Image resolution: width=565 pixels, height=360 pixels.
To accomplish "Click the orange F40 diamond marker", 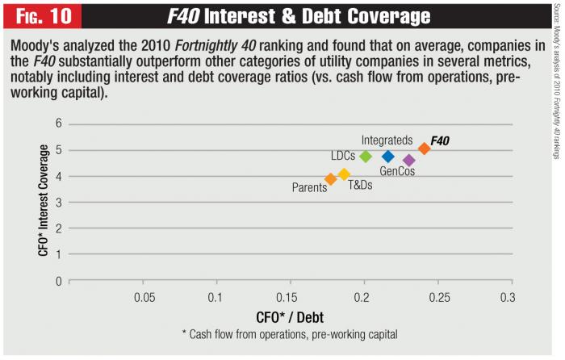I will point(425,149).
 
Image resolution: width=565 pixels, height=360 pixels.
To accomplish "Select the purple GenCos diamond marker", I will point(408,161).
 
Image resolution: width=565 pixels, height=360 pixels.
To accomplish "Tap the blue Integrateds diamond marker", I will point(388,157).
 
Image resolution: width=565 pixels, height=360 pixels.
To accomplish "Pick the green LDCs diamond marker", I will point(366,157).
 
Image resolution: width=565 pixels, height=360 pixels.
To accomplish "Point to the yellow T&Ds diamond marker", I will point(344,174).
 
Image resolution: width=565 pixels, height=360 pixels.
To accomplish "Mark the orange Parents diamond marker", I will point(330,179).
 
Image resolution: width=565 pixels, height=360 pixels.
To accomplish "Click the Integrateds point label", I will point(387,140).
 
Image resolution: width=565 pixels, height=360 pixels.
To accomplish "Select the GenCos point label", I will point(397,171).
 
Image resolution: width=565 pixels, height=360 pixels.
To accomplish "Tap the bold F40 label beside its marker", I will point(440,141).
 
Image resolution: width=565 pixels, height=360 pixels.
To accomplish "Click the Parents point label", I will point(309,188).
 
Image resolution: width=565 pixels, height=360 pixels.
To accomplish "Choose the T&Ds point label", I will point(360,184).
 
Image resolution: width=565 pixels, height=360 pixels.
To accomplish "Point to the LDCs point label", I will point(343,156).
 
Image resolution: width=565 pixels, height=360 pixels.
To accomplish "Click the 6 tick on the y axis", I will point(59,102).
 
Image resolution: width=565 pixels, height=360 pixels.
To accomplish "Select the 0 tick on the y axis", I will point(59,281).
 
